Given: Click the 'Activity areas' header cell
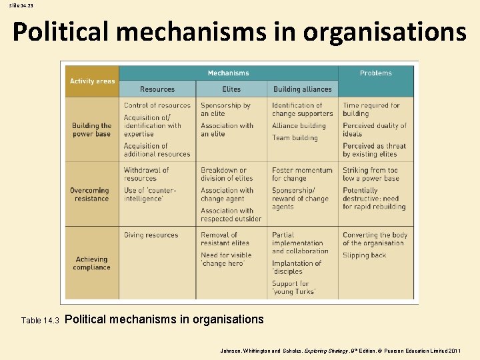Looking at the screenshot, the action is pyautogui.click(x=92, y=81).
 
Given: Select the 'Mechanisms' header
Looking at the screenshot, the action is pyautogui.click(x=228, y=73).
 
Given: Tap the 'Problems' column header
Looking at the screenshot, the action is pyautogui.click(x=375, y=73).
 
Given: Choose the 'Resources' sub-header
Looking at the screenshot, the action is pyautogui.click(x=157, y=89).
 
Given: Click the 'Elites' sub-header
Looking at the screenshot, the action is pyautogui.click(x=231, y=89).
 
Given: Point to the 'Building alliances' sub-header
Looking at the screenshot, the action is pyautogui.click(x=302, y=89).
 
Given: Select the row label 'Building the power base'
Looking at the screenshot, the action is pyautogui.click(x=92, y=130).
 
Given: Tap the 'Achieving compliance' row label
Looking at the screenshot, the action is pyautogui.click(x=92, y=263).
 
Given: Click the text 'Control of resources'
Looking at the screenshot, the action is pyautogui.click(x=157, y=105).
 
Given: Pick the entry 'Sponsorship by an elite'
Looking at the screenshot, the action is pyautogui.click(x=225, y=109).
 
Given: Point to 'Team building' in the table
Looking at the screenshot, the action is pyautogui.click(x=295, y=138).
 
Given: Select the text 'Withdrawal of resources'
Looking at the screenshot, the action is pyautogui.click(x=146, y=174).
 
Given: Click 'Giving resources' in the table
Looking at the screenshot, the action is pyautogui.click(x=151, y=235).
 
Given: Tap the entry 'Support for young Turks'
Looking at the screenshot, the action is pyautogui.click(x=294, y=287).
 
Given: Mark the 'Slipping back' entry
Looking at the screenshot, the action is pyautogui.click(x=365, y=255).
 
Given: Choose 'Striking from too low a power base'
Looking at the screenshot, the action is pyautogui.click(x=370, y=174).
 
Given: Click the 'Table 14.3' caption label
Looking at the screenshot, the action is pyautogui.click(x=40, y=321).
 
